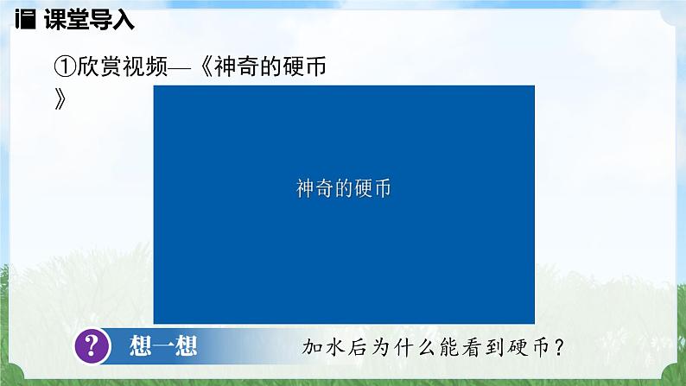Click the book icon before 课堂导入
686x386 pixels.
pyautogui.click(x=23, y=17)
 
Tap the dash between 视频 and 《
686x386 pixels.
pyautogui.click(x=186, y=66)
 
